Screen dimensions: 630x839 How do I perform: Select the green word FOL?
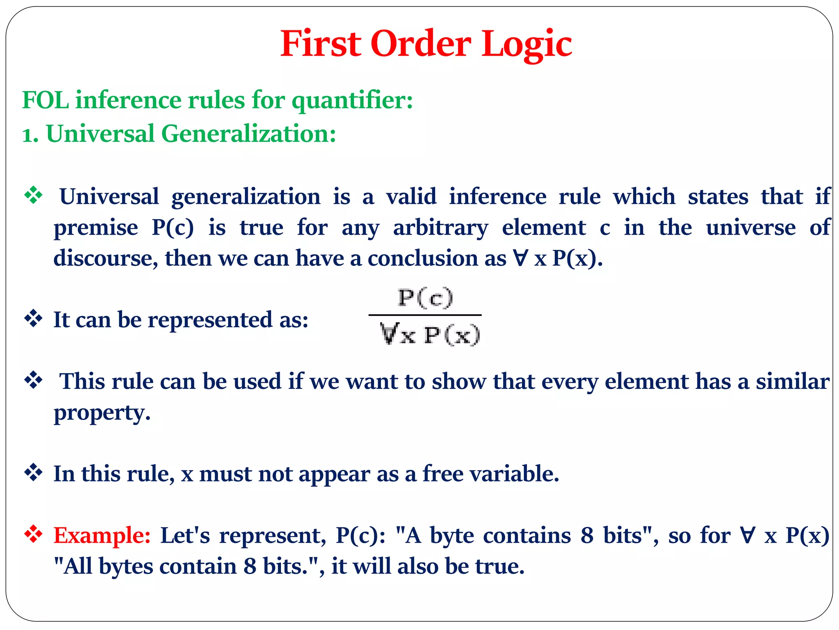pos(45,100)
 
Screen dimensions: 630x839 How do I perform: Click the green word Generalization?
pos(248,134)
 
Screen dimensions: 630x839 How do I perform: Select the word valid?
pos(411,196)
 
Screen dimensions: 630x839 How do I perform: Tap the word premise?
pos(95,228)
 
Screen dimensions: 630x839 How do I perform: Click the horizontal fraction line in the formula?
pos(425,315)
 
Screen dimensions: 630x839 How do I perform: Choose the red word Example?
pos(102,536)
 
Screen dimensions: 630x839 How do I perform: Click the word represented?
pos(210,320)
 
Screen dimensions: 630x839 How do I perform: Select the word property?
pos(102,413)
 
